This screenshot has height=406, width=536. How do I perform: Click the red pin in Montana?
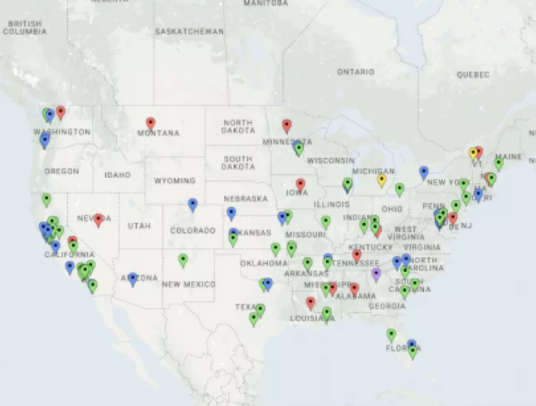(x=151, y=123)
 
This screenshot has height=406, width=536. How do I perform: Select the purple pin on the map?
(x=376, y=273)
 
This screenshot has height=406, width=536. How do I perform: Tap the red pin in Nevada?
(x=99, y=220)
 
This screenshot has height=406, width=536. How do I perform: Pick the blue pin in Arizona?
(x=132, y=279)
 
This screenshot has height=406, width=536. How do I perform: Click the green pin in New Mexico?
(x=183, y=260)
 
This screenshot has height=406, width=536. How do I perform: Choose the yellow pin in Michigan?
(x=381, y=180)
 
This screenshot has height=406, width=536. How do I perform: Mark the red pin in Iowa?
(x=300, y=185)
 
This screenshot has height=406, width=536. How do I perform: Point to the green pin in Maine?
(x=498, y=163)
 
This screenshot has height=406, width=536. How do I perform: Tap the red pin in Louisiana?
(x=310, y=303)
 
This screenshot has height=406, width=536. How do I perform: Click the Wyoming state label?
(x=175, y=181)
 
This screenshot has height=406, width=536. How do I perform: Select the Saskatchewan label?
(x=189, y=31)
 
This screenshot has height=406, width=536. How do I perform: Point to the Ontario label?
(x=356, y=72)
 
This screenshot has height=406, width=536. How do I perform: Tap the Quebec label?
(x=472, y=75)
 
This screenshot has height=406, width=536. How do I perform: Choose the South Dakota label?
(x=237, y=162)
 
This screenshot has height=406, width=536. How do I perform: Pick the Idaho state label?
(x=118, y=175)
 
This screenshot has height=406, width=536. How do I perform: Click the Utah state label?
(x=139, y=226)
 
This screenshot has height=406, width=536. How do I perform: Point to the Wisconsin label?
(x=331, y=161)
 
